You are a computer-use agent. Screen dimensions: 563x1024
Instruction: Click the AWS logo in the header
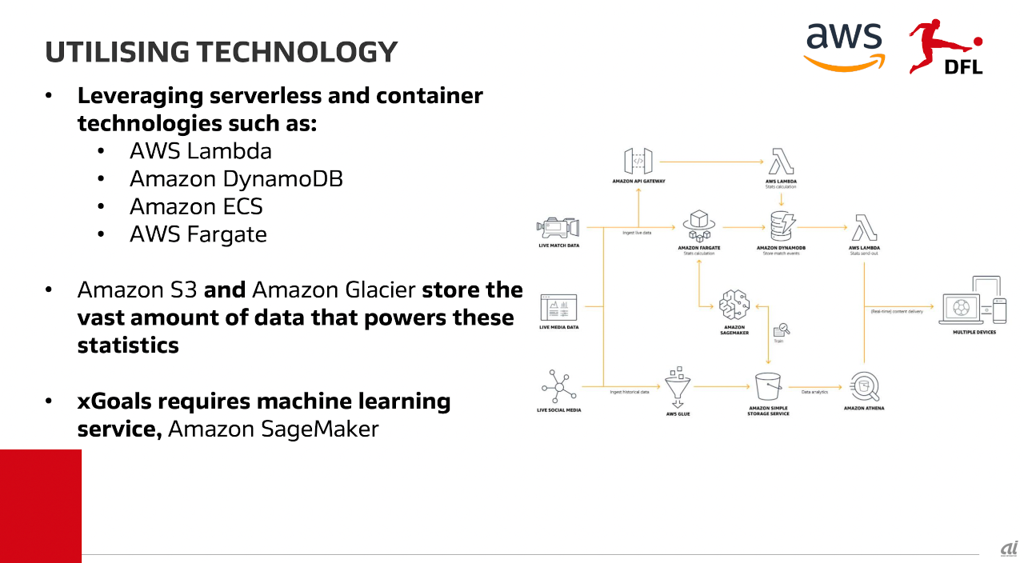(844, 46)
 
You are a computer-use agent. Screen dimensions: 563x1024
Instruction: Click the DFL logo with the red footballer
(946, 47)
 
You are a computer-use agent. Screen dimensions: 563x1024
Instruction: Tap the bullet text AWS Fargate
(198, 234)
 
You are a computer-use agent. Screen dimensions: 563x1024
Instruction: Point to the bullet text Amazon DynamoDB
(236, 178)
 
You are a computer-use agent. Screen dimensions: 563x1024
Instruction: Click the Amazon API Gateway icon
(638, 161)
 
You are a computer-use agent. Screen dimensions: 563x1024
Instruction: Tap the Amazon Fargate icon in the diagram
(698, 226)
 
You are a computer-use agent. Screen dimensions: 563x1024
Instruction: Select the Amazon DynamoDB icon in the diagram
(780, 226)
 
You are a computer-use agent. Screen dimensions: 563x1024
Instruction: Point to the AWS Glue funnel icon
(678, 385)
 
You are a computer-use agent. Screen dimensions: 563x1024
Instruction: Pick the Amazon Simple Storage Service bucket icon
(768, 388)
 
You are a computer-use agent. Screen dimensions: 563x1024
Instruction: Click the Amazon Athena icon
(864, 388)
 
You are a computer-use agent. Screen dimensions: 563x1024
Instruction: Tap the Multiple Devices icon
(974, 301)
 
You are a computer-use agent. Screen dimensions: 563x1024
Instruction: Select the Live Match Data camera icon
(558, 227)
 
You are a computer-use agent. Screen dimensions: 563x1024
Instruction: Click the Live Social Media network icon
(558, 388)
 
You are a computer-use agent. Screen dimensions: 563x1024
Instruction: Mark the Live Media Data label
(558, 327)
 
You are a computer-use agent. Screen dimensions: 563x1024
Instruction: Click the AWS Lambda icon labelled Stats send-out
(865, 227)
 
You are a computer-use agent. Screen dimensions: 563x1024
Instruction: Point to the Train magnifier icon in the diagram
(781, 329)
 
